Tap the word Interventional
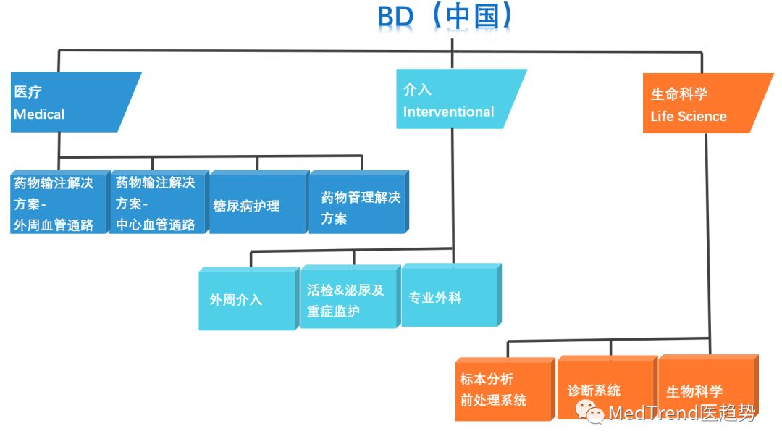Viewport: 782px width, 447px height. pos(448,112)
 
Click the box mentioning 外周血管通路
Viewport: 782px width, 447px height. pos(57,204)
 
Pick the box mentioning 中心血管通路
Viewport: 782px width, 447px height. pos(159,204)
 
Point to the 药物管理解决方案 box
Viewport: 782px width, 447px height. pos(358,206)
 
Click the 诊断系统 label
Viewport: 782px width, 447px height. pos(594,390)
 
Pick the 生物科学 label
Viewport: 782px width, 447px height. pos(694,392)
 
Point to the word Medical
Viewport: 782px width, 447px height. pos(39,114)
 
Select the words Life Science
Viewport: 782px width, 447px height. pos(688,117)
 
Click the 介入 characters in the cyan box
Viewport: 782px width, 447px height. pos(417,90)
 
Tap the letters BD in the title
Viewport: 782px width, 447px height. pos(395,17)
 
